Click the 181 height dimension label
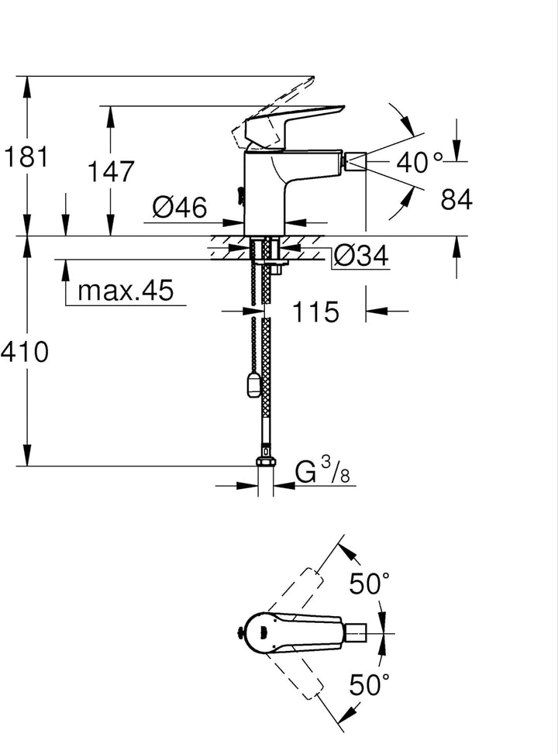(26, 157)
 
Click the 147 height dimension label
(111, 172)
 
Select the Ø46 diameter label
(180, 207)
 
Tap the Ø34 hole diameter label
(361, 256)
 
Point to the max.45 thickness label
(126, 290)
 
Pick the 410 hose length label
(25, 352)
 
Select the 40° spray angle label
(418, 161)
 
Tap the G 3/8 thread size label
(322, 471)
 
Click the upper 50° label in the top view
(369, 584)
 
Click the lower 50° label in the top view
(369, 684)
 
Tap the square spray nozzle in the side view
(356, 161)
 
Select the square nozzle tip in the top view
(356, 634)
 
